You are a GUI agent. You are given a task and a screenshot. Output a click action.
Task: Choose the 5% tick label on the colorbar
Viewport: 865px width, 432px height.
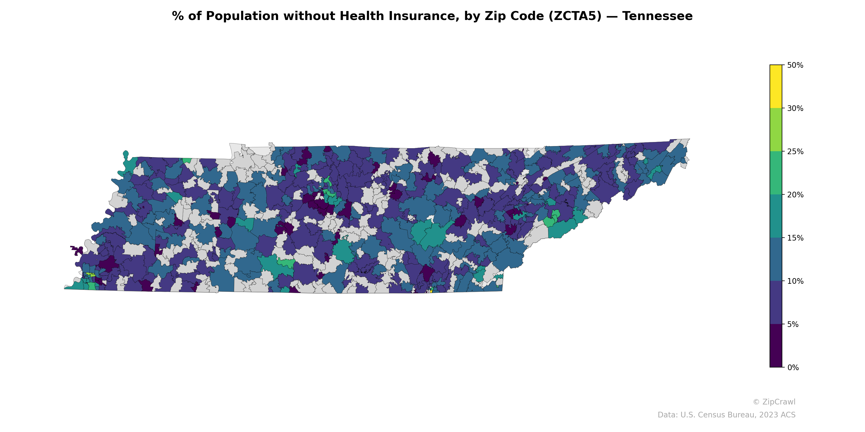point(793,324)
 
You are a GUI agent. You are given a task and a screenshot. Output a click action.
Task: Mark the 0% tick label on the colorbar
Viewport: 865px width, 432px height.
point(793,367)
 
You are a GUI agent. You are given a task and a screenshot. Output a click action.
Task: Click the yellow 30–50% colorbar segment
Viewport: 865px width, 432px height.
point(776,86)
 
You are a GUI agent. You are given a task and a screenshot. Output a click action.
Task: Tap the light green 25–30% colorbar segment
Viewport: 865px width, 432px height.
point(776,130)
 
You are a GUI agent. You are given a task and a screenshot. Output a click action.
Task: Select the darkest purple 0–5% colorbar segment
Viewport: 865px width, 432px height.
point(776,346)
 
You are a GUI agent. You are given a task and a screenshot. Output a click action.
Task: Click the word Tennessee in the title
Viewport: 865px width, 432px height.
point(657,16)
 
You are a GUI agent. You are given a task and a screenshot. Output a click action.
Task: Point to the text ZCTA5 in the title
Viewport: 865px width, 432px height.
point(575,16)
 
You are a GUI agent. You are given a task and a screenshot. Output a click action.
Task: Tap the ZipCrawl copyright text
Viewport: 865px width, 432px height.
point(774,402)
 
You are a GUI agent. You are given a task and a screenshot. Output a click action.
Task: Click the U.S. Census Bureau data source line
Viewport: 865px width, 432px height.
point(726,415)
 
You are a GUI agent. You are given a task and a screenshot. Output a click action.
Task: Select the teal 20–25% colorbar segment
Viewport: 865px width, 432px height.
point(776,173)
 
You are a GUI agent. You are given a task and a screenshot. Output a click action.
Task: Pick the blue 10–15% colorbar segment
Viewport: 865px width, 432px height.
point(776,259)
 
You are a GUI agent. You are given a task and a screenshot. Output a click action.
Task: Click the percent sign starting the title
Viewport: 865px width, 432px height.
point(178,16)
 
